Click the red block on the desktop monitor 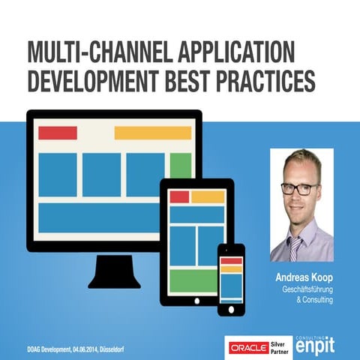click(58, 133)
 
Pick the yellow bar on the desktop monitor click(152, 133)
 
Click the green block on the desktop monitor click(180, 165)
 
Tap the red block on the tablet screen click(178, 196)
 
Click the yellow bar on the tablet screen click(208, 196)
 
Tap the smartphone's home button click(231, 307)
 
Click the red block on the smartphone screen click(231, 260)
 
